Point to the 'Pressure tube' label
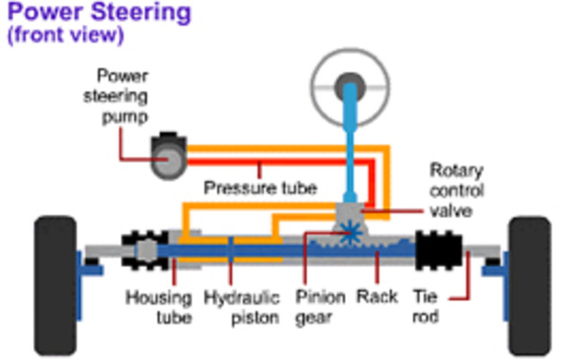coord(261,189)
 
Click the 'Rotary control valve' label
coord(456,191)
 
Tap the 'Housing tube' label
coord(158,306)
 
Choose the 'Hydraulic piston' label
coord(235,306)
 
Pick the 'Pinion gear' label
coord(314,306)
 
